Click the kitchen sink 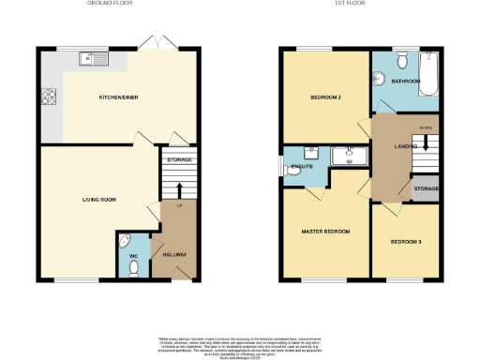95,59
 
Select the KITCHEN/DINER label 120,97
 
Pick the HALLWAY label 175,255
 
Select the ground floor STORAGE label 178,160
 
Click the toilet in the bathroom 401,62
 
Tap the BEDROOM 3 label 406,243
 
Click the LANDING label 404,145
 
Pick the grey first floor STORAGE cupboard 425,188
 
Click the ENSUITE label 302,167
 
